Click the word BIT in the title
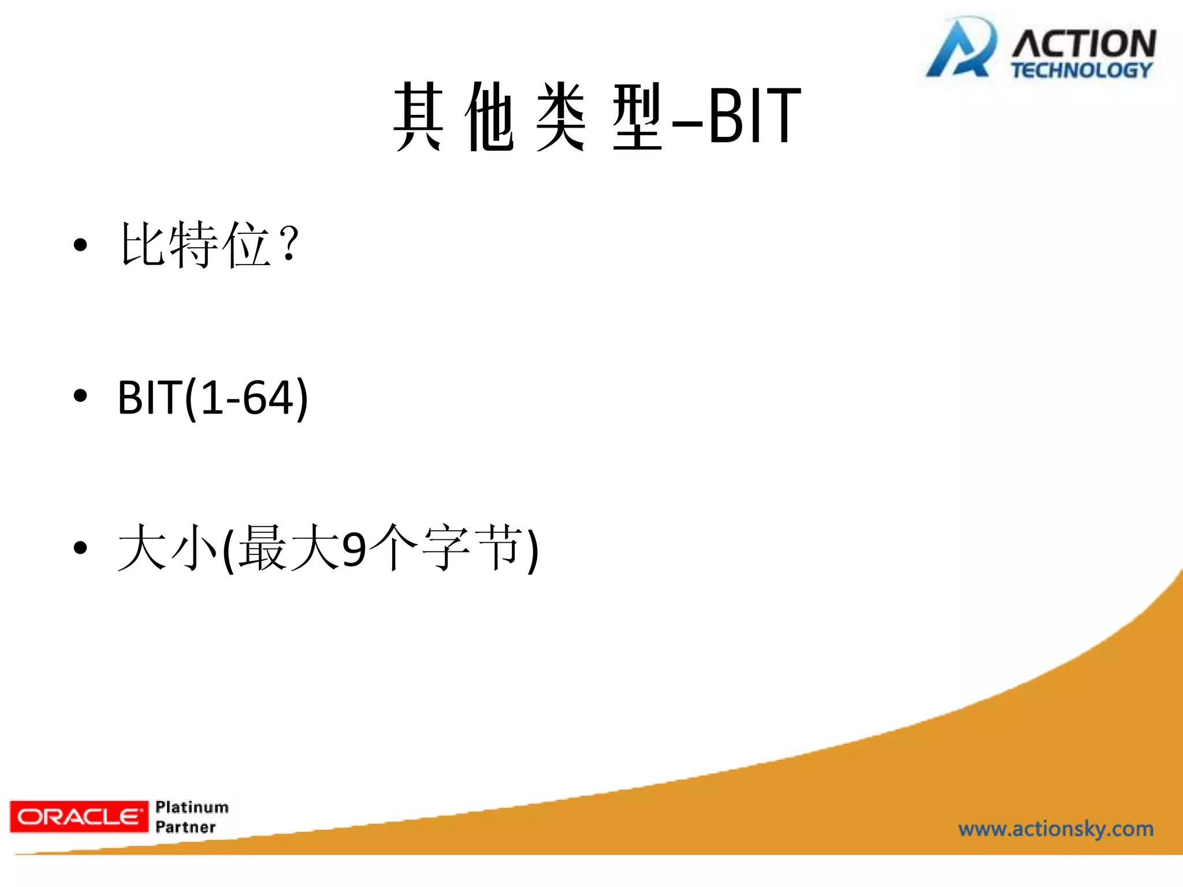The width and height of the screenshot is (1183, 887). click(754, 115)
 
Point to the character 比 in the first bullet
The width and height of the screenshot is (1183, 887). click(143, 245)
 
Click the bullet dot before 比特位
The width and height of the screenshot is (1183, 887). click(80, 245)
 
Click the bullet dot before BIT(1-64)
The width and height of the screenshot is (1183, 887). click(80, 396)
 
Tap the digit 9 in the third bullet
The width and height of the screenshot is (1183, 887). click(354, 549)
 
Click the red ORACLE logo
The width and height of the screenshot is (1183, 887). click(79, 817)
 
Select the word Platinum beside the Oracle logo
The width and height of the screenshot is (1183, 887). click(192, 807)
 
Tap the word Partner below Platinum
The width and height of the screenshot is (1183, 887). click(185, 827)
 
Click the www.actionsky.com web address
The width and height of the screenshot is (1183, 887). click(1056, 829)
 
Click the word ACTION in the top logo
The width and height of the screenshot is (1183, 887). click(1084, 43)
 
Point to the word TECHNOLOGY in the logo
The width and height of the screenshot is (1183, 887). click(1081, 70)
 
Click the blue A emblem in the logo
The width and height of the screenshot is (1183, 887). click(961, 49)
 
